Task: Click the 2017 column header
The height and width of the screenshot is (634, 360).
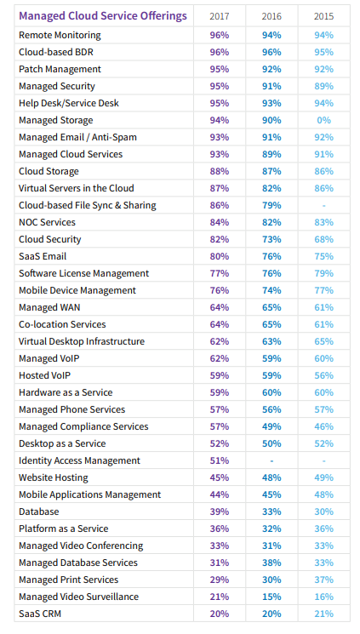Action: (220, 16)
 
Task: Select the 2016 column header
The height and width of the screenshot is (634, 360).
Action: (271, 16)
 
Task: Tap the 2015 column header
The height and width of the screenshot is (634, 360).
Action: (323, 16)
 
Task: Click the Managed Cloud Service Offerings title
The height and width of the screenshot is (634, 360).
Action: (103, 16)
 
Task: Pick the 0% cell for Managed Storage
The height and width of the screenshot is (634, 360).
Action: (323, 120)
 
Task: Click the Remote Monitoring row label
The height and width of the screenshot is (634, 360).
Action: (60, 35)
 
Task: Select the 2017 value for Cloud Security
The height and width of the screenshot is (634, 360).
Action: (220, 239)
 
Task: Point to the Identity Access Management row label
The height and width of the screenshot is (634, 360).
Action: (79, 460)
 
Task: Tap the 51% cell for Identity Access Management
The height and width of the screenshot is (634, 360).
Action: (220, 460)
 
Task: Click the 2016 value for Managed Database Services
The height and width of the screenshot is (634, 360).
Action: (271, 563)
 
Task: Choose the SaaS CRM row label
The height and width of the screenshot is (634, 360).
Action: (40, 614)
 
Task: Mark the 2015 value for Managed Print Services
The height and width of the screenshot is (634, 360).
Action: (323, 580)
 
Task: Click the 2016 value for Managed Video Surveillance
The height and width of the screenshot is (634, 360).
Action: (271, 597)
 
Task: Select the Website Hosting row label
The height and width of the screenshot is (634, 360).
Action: (54, 477)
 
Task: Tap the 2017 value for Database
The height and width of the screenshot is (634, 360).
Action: (220, 511)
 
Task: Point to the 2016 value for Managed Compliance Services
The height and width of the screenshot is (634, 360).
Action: (271, 426)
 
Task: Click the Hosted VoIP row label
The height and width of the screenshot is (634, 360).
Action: (44, 375)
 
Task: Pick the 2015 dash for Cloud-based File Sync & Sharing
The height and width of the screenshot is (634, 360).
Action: (323, 206)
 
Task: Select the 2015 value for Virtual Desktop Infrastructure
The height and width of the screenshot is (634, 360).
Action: (323, 341)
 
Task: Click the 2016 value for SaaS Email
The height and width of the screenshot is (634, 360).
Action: (271, 256)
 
